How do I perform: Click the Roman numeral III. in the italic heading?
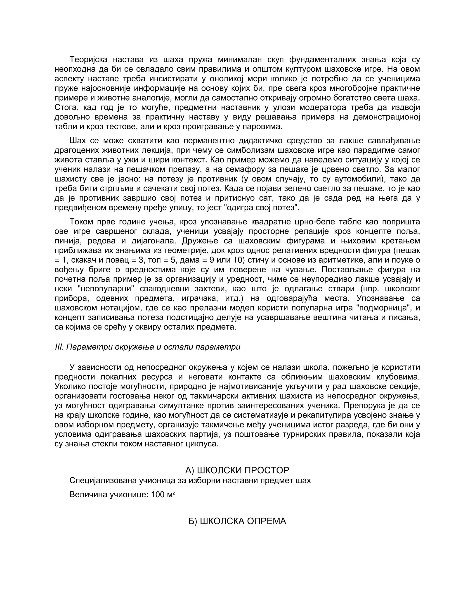pyautogui.click(x=59, y=347)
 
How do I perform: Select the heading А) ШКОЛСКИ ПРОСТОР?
pyautogui.click(x=237, y=470)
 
